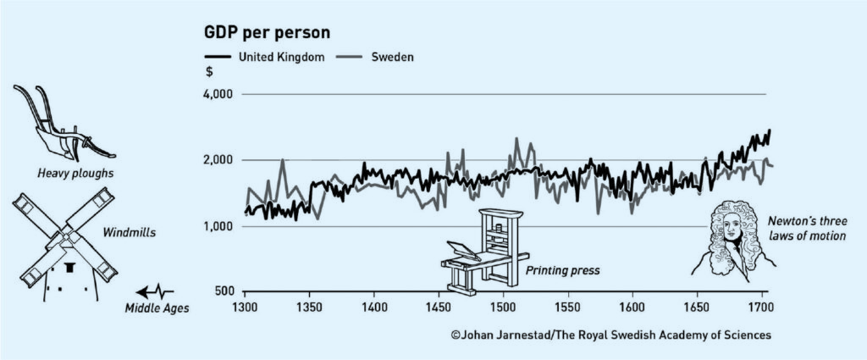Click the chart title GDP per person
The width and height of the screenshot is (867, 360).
[x=267, y=32]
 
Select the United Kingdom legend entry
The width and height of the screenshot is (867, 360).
[x=265, y=57]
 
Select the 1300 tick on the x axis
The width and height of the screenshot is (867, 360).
[x=245, y=307]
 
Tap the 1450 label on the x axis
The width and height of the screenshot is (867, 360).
[x=439, y=307]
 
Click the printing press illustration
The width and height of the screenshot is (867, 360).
[x=484, y=252]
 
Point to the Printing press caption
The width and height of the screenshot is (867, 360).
[x=562, y=272]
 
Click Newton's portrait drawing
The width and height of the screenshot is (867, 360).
[x=732, y=237]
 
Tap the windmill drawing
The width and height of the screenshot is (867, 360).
[x=64, y=243]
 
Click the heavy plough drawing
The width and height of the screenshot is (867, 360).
[x=64, y=124]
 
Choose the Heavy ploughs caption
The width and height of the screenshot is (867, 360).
[x=75, y=174]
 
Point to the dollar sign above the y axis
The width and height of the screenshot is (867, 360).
[x=209, y=73]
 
